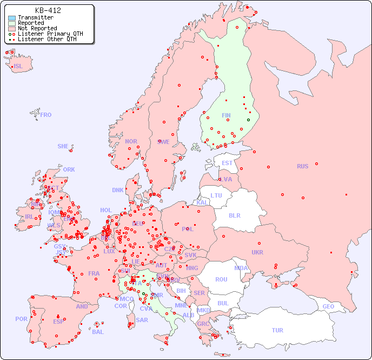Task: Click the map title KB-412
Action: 48,10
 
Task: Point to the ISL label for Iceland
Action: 18,67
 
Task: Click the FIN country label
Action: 226,115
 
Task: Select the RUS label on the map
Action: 302,166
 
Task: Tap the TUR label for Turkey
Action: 277,330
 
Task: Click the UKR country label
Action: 257,252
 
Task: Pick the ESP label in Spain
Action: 58,321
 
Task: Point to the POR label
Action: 21,319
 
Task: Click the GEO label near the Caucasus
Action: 328,306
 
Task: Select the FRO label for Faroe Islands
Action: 46,115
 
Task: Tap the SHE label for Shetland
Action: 63,146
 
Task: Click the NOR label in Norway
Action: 131,141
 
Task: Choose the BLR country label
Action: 235,215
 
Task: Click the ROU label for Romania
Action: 221,279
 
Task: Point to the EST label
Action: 227,163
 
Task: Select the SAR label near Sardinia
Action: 142,320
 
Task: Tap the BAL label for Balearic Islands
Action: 97,332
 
